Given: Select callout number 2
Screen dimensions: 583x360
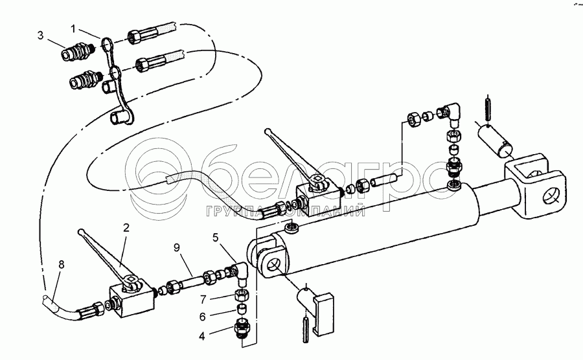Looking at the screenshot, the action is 126,227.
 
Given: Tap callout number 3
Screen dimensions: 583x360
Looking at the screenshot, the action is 40,36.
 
